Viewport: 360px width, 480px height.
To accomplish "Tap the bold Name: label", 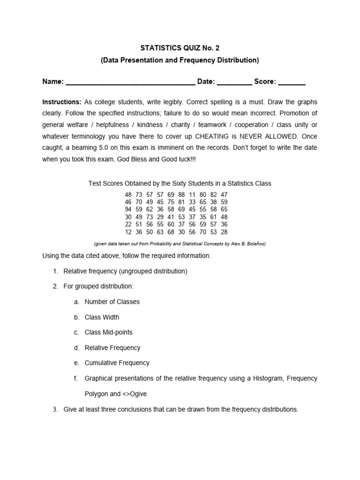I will coord(53,82).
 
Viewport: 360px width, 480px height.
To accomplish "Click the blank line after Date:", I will coord(234,82).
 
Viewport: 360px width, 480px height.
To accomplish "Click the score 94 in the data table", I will coord(128,210).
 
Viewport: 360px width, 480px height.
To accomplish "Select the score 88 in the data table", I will coord(181,194).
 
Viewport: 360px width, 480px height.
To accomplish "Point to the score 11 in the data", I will coord(192,194).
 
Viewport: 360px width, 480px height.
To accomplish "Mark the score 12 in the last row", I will coord(128,232).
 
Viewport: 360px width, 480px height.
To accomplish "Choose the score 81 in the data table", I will coord(181,202).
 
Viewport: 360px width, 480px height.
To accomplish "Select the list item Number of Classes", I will coord(112,302).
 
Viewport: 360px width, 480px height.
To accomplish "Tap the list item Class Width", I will coord(102,317).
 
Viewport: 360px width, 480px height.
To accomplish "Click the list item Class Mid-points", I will coord(108,332).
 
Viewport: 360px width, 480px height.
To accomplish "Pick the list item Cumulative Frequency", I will coord(117,363).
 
